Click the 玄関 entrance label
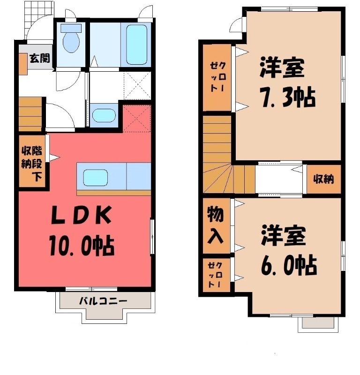point(40,58)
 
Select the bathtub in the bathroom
point(136,45)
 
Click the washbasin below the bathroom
point(104,115)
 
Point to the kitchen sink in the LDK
point(95,178)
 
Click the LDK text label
point(82,215)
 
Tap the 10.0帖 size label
point(82,245)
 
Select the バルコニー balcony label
point(103,300)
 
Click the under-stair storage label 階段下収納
point(32,164)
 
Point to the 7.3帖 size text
point(288,97)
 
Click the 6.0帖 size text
point(289,266)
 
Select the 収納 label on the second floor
point(323,179)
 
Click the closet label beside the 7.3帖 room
point(217,77)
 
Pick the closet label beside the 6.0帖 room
point(215,275)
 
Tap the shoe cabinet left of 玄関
point(23,64)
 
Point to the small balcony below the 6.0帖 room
point(318,323)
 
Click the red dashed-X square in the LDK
point(137,119)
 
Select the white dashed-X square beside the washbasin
point(137,86)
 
